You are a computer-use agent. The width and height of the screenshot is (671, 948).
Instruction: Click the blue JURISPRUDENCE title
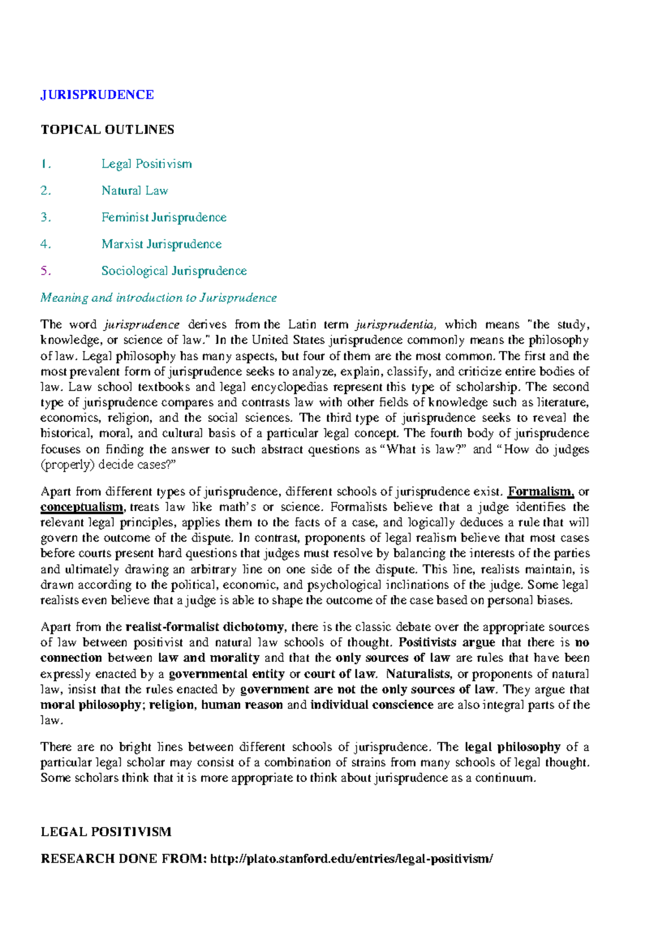[97, 94]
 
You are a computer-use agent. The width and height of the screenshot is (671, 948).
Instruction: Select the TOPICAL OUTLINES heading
[107, 130]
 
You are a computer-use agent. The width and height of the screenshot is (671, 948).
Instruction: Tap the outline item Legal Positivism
[147, 164]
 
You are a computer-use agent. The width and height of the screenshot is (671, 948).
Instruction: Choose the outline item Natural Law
[135, 191]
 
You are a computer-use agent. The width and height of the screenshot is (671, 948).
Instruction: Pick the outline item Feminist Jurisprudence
[164, 217]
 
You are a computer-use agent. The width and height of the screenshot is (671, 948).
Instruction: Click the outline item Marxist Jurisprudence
[162, 244]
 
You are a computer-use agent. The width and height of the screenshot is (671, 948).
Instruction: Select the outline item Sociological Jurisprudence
[174, 271]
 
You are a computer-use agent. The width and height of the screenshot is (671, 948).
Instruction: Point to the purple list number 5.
[45, 271]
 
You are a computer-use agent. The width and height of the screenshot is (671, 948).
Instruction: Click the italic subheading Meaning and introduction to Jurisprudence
[158, 298]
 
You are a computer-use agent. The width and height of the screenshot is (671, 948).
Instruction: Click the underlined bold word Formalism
[540, 492]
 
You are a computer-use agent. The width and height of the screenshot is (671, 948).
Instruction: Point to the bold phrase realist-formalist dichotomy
[205, 627]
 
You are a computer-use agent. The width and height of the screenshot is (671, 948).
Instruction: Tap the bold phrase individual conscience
[372, 705]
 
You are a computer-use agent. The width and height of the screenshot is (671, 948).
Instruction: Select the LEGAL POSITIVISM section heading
[106, 832]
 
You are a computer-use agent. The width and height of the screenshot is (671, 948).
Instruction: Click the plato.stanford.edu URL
[352, 859]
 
